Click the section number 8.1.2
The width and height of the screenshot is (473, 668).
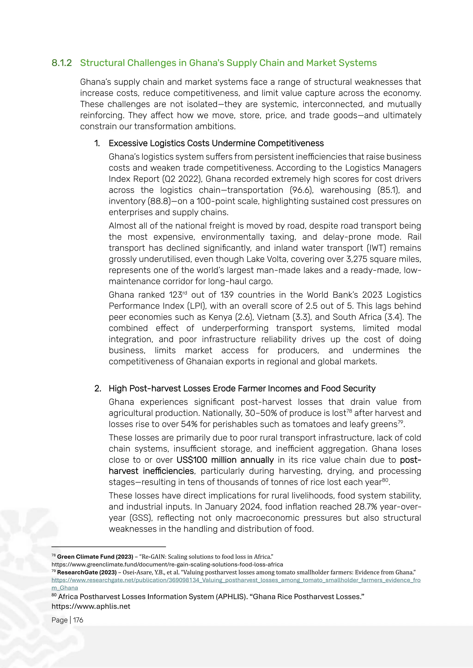click(61, 63)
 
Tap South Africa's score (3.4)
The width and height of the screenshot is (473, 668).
click(393, 317)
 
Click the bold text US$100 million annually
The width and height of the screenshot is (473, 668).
click(225, 460)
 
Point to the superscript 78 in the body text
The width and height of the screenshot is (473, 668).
click(349, 411)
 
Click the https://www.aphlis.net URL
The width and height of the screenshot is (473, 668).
click(91, 606)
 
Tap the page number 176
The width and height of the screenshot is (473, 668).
click(78, 620)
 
